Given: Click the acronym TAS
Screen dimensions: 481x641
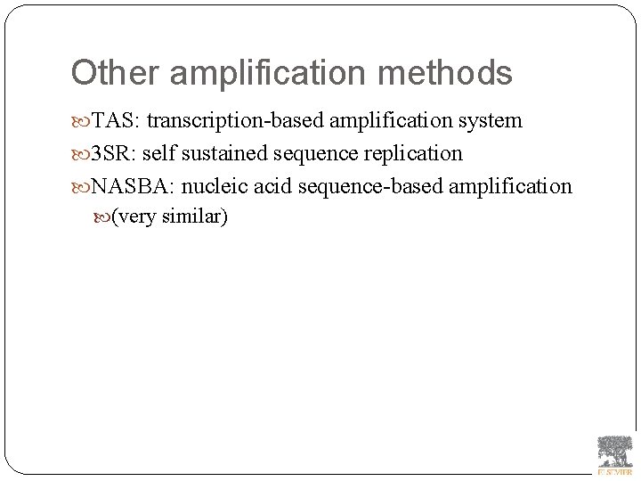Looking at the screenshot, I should point(114,121).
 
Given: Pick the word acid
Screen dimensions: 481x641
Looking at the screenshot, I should point(266,186).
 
